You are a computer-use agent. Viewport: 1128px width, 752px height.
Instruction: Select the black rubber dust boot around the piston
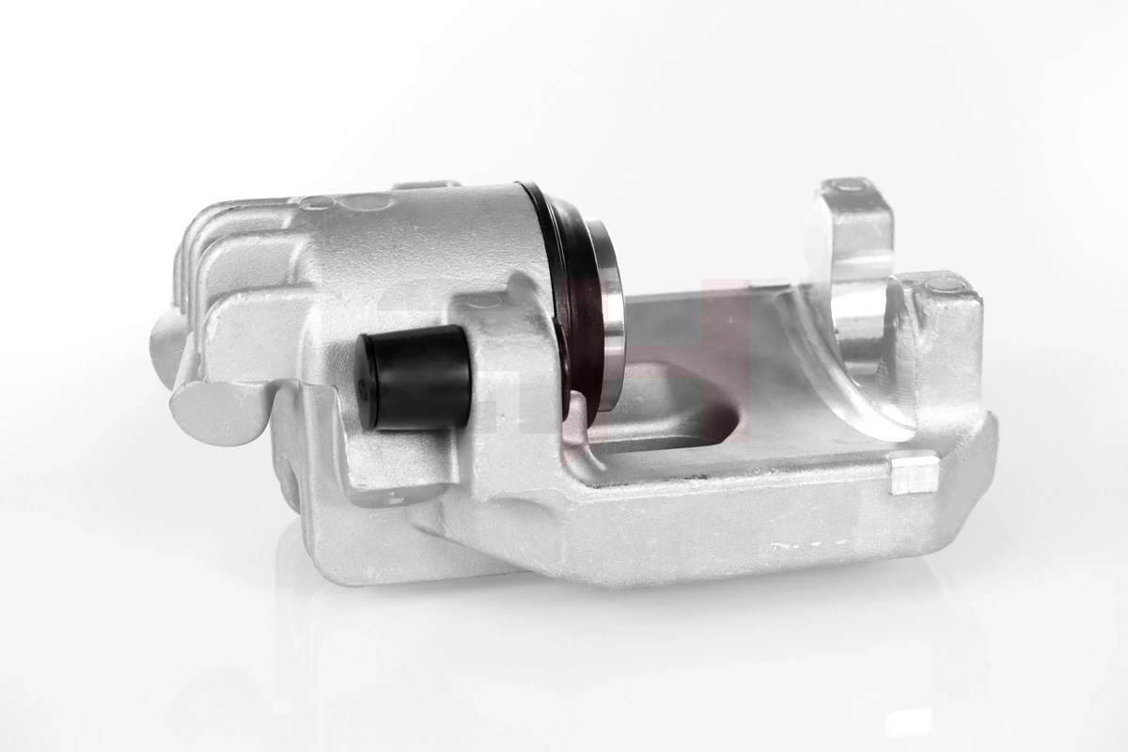click(564, 282)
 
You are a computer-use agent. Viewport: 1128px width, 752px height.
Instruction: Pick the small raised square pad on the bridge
click(913, 476)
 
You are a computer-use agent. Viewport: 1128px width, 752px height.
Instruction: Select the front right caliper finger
click(940, 357)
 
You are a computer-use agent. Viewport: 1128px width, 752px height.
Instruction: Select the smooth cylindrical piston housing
click(451, 244)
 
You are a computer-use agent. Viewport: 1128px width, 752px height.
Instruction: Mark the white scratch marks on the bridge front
click(808, 543)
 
